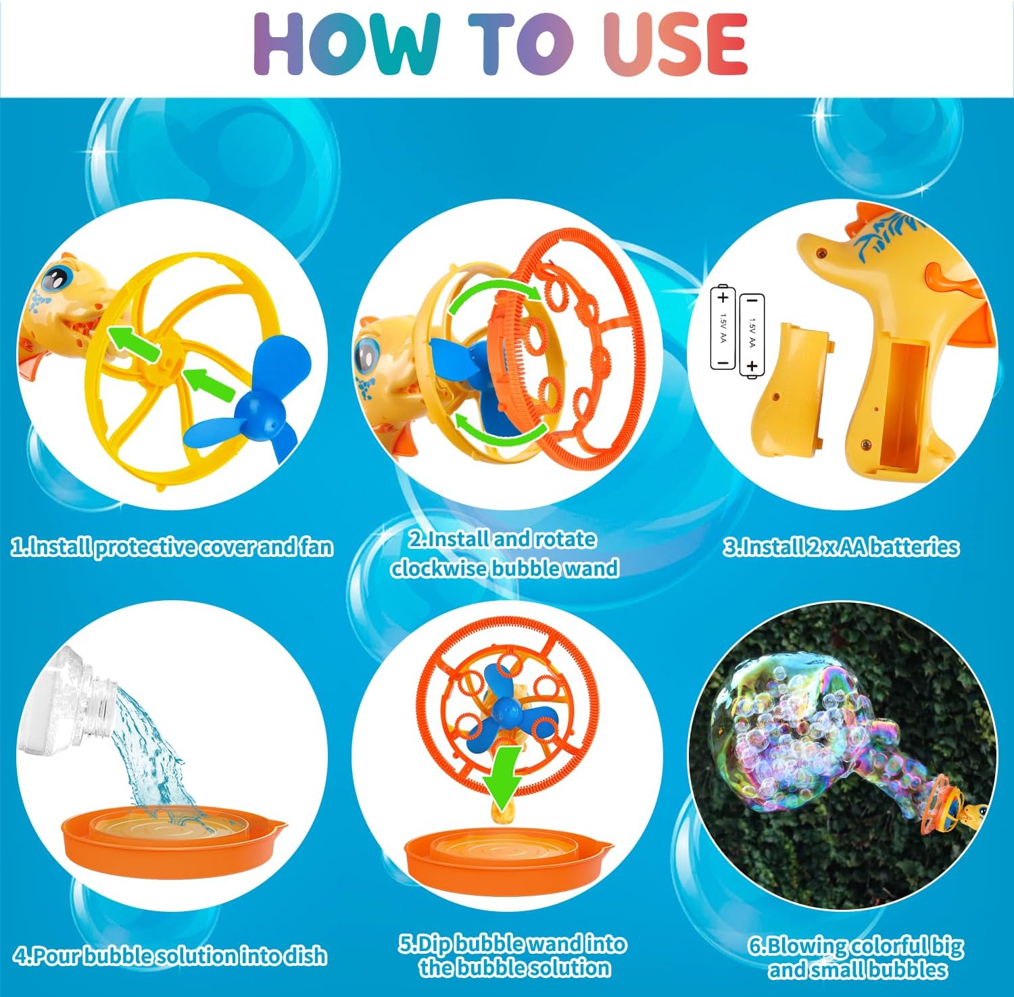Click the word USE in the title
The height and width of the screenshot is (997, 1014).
click(675, 45)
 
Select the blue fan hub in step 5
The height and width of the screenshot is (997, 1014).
click(504, 709)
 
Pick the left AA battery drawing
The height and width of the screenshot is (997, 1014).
click(723, 328)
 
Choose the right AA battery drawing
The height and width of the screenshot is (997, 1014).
click(752, 335)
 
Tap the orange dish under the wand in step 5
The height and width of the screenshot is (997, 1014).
click(507, 862)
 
